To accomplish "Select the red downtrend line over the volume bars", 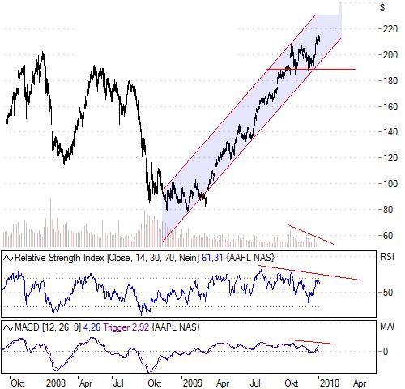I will pos(311,233).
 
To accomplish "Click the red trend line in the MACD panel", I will pos(312,341).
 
